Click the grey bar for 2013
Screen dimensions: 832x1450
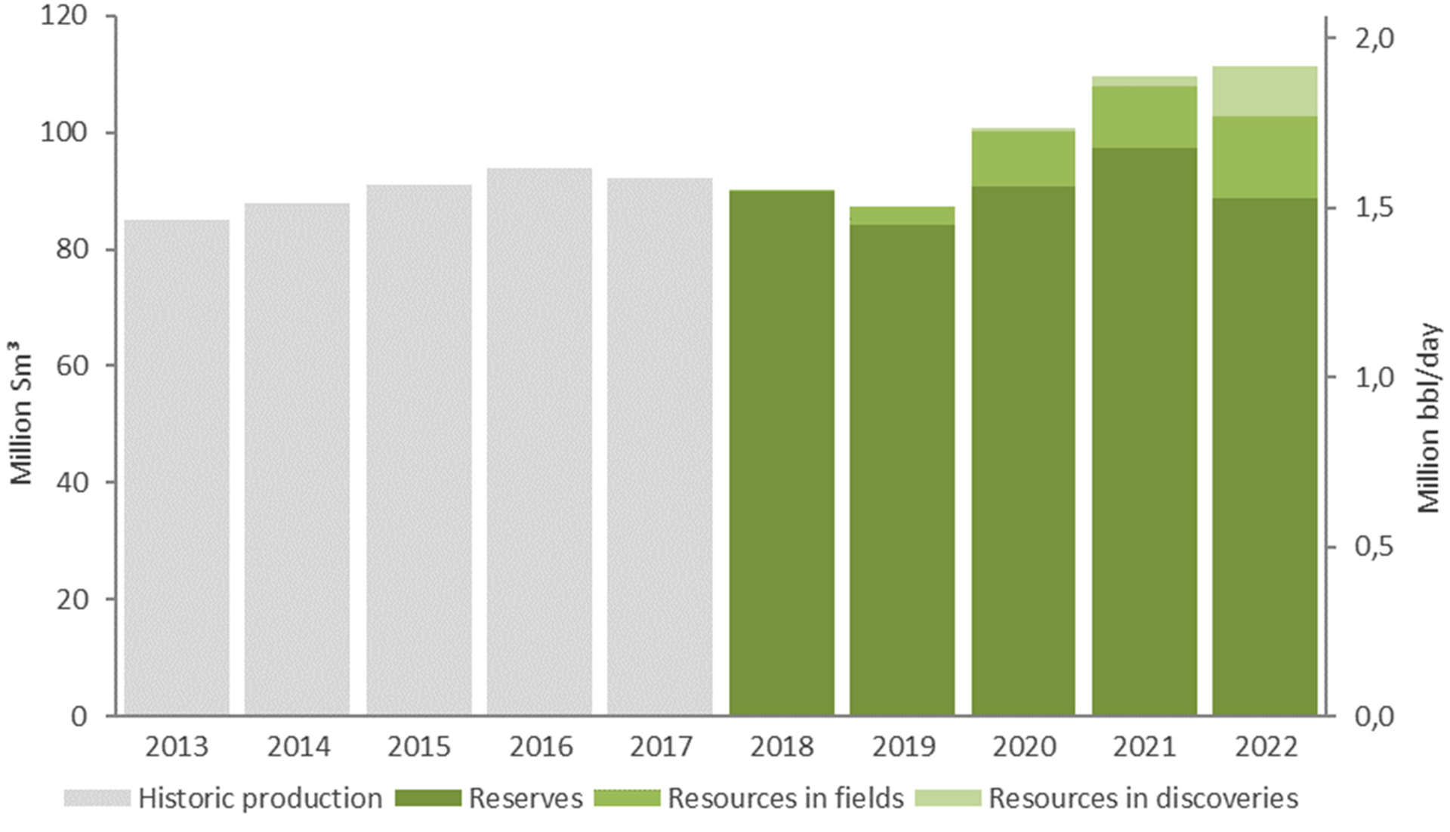177,468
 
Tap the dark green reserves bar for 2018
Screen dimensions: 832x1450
782,453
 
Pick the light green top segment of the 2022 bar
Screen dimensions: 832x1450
1265,91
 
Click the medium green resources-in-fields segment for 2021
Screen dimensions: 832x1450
1144,117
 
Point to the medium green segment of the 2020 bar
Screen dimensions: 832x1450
1023,159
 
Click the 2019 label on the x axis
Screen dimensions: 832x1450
903,747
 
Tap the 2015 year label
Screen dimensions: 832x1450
419,747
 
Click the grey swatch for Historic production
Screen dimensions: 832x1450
97,798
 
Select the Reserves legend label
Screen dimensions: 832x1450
526,798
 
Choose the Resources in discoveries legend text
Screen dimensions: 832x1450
1143,798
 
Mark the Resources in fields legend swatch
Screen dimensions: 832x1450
627,798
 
